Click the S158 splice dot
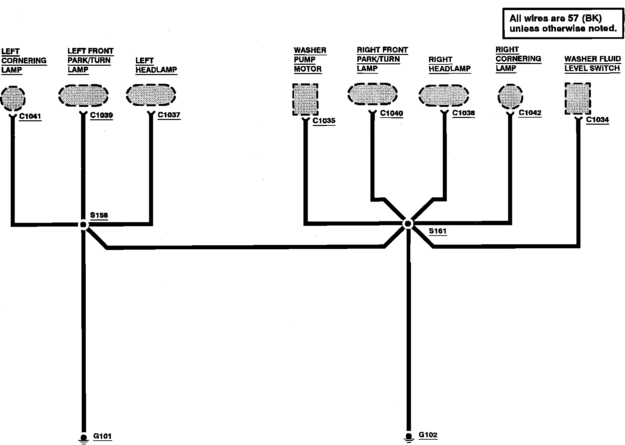click(x=83, y=225)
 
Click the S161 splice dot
click(x=408, y=224)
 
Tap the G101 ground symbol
click(x=83, y=438)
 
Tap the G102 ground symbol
click(x=409, y=437)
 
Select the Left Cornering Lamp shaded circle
click(x=13, y=99)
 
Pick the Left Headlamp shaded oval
click(x=151, y=94)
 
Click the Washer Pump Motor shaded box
click(x=305, y=100)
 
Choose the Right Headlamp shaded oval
click(x=444, y=95)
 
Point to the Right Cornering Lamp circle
click(x=510, y=97)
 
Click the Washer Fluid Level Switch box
click(x=577, y=99)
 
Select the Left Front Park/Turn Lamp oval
click(x=83, y=95)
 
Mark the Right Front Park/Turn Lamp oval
click(x=372, y=93)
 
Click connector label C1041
click(x=30, y=117)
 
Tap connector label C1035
click(x=324, y=121)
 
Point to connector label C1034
click(x=598, y=120)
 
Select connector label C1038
click(x=464, y=113)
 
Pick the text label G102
click(x=428, y=435)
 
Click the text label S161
click(x=437, y=231)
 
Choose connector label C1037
click(x=169, y=115)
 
